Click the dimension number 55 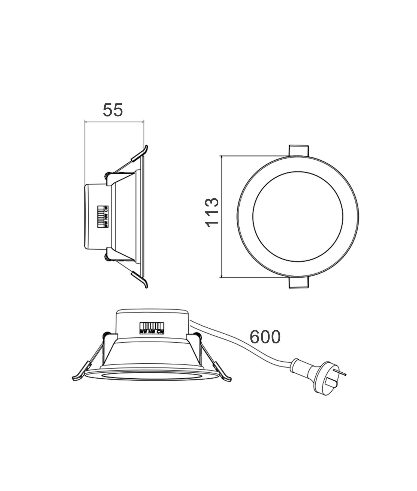tap(113, 110)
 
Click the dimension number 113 tap(212, 212)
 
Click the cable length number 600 tap(265, 337)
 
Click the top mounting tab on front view tap(298, 150)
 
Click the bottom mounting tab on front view tap(298, 283)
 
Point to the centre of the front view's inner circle tap(298, 217)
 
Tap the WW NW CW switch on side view tap(103, 217)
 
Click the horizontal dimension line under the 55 tap(114, 122)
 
